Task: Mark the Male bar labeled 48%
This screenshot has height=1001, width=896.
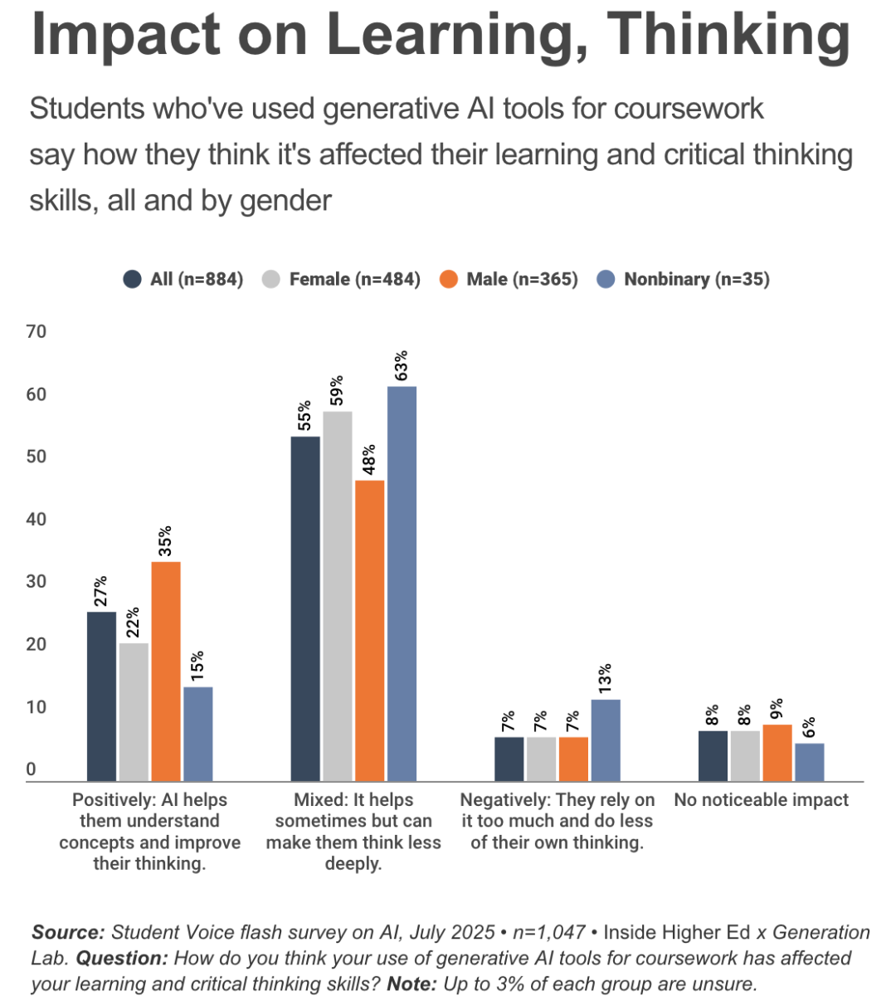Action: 369,630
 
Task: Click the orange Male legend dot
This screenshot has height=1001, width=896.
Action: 449,279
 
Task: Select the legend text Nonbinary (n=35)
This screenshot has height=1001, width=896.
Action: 697,279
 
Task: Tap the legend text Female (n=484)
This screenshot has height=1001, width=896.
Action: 354,279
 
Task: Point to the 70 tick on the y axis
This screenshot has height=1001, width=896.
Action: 37,331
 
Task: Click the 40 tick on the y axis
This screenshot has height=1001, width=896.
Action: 37,520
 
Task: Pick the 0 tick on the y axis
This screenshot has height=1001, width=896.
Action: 32,769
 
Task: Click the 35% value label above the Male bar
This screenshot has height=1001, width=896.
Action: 166,540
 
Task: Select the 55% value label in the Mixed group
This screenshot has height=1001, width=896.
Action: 305,416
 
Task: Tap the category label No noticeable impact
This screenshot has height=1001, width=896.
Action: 761,800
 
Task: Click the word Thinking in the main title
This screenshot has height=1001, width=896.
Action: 728,35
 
